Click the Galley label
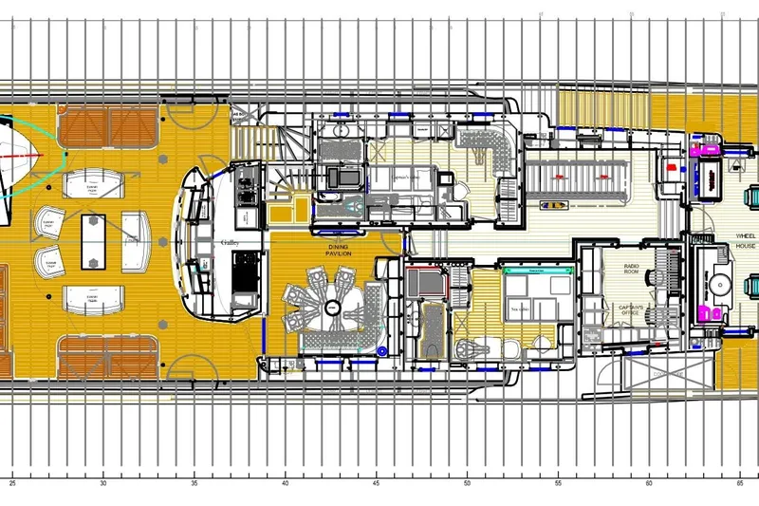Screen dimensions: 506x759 pos(230,243)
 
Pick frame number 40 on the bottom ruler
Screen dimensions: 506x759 pos(286,483)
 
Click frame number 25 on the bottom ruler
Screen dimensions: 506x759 pos(12,483)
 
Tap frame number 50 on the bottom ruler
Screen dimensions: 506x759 pos(468,483)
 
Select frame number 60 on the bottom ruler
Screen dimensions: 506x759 pos(650,483)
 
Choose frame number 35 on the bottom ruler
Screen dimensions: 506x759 pos(194,483)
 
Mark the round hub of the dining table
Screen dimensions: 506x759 pos(332,307)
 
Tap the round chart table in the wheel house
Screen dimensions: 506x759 pos(717,282)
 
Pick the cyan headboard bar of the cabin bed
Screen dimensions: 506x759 pos(537,271)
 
